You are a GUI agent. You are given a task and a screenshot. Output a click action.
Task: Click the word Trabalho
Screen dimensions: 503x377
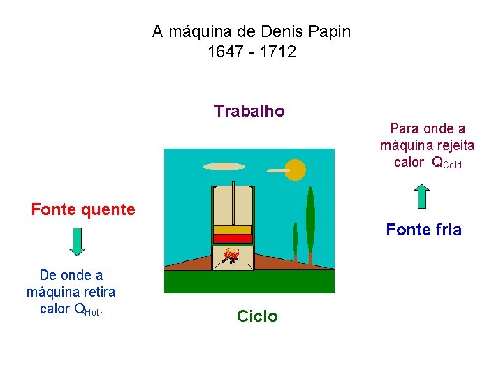click(x=249, y=111)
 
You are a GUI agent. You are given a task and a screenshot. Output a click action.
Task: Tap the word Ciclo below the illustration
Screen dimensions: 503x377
click(x=257, y=316)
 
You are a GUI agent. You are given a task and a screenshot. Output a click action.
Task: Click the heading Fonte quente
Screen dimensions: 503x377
click(x=83, y=209)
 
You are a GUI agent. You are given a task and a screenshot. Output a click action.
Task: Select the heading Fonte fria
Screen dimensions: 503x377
click(x=423, y=230)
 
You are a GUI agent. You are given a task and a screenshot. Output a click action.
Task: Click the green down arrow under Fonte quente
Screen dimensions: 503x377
click(x=78, y=241)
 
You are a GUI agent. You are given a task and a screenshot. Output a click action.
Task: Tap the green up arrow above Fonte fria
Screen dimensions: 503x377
click(x=422, y=196)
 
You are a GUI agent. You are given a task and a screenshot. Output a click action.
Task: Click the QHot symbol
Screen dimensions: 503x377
click(x=88, y=309)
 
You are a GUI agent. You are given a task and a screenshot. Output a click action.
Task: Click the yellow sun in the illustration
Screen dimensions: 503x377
click(x=296, y=170)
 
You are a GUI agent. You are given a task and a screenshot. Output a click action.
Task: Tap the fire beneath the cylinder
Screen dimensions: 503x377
click(x=232, y=256)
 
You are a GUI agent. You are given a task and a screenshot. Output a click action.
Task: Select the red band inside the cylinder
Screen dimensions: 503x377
click(x=233, y=238)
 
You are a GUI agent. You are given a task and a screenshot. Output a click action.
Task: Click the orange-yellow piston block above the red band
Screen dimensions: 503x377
click(x=233, y=229)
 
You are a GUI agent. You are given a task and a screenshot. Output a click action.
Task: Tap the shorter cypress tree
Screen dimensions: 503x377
click(x=296, y=241)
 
